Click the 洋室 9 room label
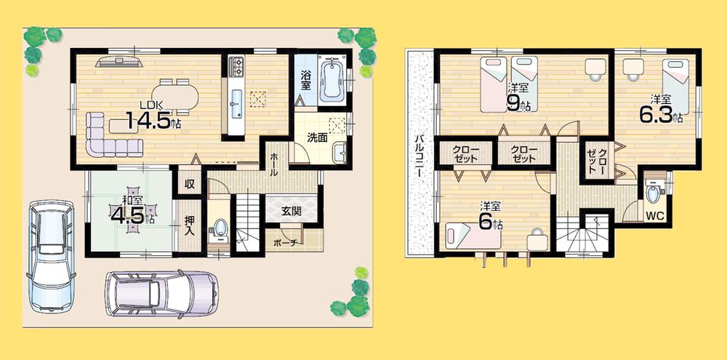(517, 97)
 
